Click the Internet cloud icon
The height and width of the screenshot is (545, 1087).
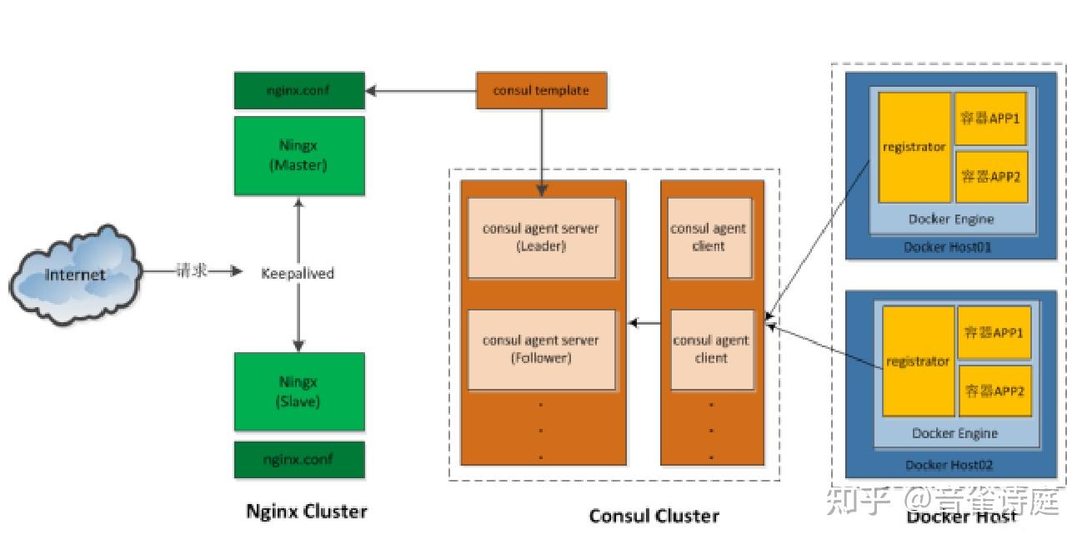pos(75,274)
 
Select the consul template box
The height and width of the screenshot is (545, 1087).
pos(541,91)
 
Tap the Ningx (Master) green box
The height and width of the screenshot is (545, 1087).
pos(298,155)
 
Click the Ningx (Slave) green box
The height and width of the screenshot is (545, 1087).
pos(298,391)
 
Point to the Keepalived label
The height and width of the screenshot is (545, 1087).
pos(298,274)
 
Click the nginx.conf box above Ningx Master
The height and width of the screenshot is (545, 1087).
pos(298,91)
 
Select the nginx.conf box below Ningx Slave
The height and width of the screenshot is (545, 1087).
pos(298,460)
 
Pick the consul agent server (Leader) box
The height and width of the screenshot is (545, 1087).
pos(541,238)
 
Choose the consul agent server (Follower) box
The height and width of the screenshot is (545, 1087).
pos(541,350)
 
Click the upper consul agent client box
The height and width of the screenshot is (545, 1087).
pos(709,238)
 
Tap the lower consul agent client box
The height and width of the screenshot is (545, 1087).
pos(711,350)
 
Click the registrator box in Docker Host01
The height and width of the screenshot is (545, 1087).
pos(914,147)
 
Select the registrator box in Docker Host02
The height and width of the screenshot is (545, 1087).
pos(918,361)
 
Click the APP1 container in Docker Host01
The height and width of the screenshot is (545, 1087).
pos(991,119)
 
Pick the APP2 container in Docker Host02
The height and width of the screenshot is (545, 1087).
pos(994,391)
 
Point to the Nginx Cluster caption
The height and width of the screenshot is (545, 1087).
pos(307,512)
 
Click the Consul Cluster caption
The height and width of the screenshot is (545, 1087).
pos(654,516)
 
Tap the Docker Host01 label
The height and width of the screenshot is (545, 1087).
pos(949,247)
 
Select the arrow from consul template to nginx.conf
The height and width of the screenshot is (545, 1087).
pos(421,91)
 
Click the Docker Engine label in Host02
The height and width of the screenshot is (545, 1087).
pos(954,433)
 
